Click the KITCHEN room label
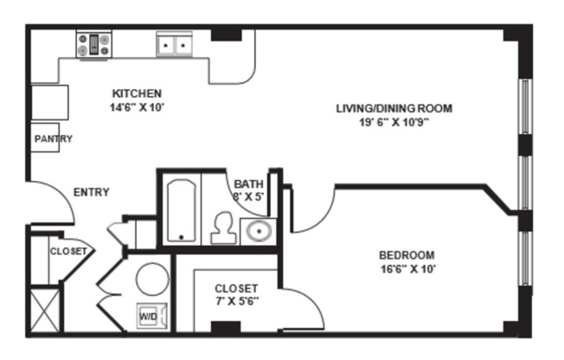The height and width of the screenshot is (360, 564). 138,93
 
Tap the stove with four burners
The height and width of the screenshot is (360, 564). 93,44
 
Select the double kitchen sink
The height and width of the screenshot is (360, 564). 175,45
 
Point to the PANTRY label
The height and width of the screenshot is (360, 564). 52,139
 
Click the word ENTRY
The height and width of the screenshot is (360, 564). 91,192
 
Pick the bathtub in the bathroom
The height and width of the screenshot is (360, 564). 181,209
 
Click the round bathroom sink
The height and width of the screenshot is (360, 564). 257,231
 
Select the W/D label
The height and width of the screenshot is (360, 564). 148,317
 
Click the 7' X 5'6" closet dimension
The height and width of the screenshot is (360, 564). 235,302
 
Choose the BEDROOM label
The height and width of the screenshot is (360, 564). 407,255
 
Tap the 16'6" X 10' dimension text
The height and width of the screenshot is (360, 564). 407,269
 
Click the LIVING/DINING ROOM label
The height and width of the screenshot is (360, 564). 394,108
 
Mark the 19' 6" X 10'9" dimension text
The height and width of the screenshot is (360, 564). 394,122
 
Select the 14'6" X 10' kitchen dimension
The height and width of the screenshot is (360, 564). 138,107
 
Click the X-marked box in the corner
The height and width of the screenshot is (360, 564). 44,311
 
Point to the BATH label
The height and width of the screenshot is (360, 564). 248,183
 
